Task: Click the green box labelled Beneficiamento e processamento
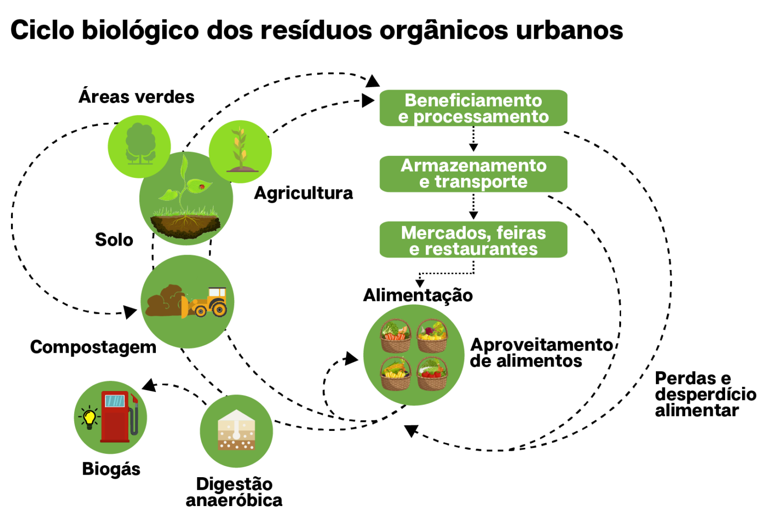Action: (473, 108)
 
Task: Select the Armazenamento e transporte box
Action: (473, 174)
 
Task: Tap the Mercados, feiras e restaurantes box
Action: (473, 240)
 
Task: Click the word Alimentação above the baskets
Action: (418, 295)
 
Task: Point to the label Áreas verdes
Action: (136, 97)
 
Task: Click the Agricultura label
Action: (303, 193)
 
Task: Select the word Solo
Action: (114, 240)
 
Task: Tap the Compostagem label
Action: (93, 347)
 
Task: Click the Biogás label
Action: (111, 469)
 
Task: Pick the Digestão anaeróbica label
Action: (234, 492)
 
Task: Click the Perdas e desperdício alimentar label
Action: (705, 394)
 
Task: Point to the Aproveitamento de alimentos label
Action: (541, 353)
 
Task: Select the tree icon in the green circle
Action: (140, 144)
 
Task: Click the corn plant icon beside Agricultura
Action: (241, 149)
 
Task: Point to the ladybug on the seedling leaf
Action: (202, 187)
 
